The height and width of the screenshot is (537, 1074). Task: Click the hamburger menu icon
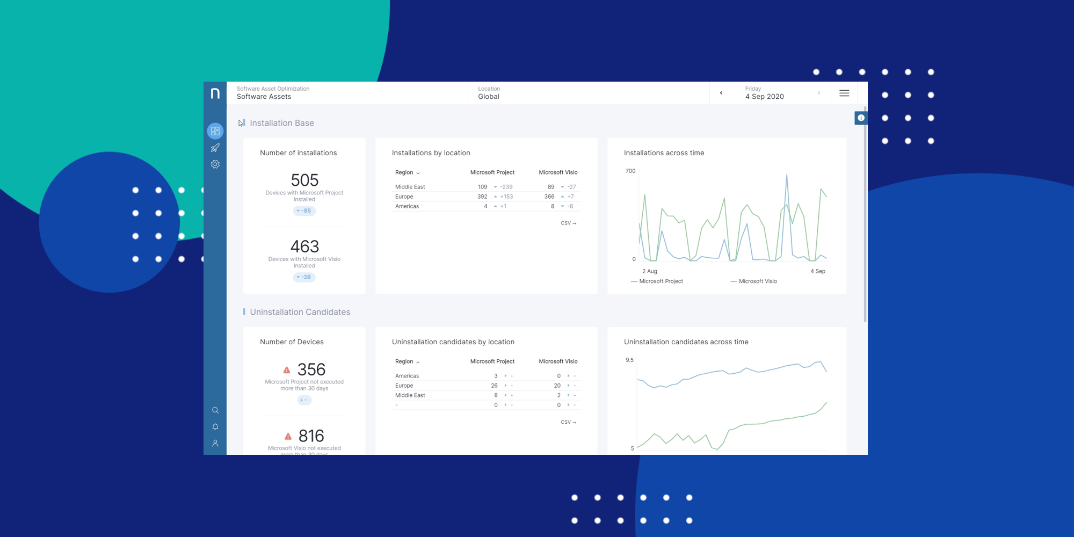[x=844, y=93]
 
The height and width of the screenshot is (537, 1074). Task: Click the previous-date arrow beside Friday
[x=721, y=93]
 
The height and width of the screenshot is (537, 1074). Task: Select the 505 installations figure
[x=304, y=180]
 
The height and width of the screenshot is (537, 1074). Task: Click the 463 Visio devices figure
[x=304, y=246]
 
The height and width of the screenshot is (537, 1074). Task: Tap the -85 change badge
[x=304, y=211]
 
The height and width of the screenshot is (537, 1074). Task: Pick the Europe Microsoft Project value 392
[x=482, y=197]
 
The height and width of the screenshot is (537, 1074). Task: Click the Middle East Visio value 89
[x=551, y=187]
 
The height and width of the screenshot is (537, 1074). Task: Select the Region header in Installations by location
[x=404, y=172]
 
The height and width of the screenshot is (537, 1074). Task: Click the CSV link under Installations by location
[x=568, y=223]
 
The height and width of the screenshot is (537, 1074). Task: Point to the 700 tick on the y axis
[x=630, y=171]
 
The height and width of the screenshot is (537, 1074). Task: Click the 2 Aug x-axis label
[x=649, y=271]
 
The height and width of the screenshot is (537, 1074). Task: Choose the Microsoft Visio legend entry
[x=757, y=281]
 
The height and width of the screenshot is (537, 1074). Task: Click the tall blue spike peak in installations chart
[x=787, y=175]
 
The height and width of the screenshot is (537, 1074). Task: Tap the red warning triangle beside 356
[x=287, y=370]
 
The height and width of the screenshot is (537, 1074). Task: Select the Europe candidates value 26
[x=494, y=386]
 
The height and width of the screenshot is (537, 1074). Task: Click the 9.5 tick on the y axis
[x=629, y=360]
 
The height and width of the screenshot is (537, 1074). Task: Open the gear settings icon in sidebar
[x=215, y=164]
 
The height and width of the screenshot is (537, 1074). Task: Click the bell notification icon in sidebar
[x=215, y=427]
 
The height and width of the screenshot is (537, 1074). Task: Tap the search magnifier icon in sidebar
[x=215, y=410]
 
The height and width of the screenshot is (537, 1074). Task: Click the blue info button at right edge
[x=861, y=118]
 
